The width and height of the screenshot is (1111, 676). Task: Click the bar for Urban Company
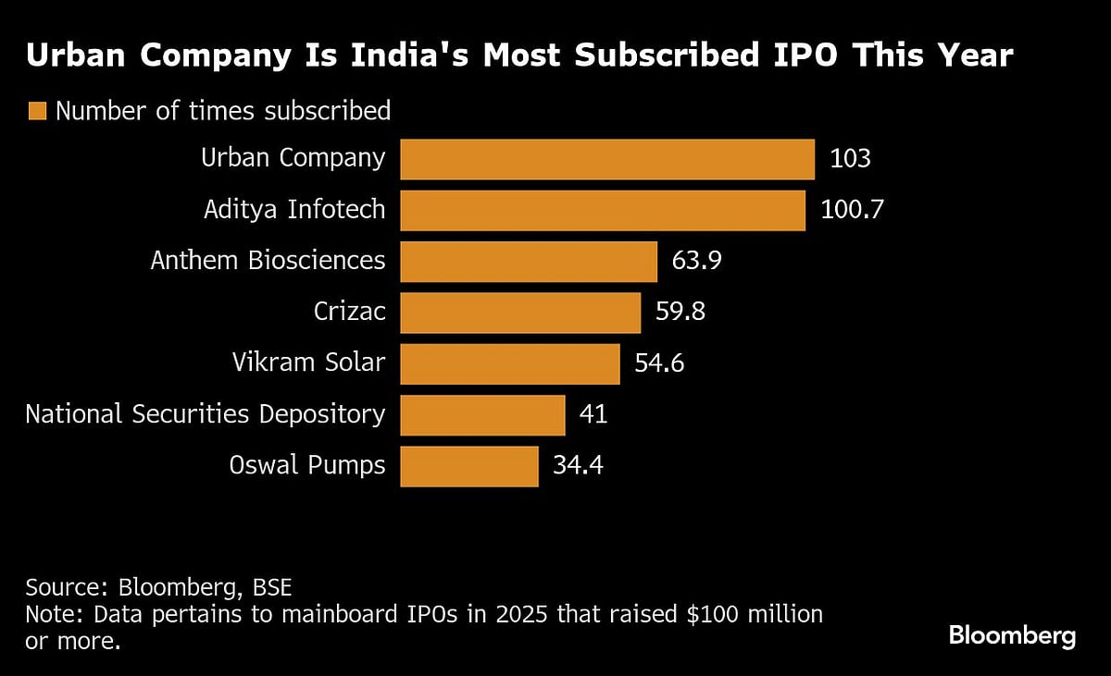606,159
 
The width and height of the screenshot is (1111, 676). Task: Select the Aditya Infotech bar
602,211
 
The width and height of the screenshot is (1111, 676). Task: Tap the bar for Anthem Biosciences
528,262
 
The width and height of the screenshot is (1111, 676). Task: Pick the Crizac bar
519,313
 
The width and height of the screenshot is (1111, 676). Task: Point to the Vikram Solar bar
509,363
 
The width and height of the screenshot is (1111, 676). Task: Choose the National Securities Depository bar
481,414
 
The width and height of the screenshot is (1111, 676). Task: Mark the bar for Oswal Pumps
468,465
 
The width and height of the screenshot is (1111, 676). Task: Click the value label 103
850,159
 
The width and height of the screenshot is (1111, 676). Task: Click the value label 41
593,414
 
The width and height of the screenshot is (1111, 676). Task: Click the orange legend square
37,112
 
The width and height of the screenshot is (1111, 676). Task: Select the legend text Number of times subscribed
223,112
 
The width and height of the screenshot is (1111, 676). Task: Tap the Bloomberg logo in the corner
1012,636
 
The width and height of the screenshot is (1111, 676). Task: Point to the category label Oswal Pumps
306,465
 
